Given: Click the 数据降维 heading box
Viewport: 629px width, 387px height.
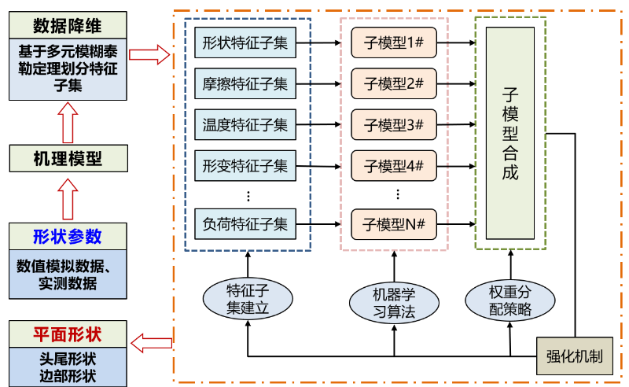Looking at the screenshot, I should tap(67, 25).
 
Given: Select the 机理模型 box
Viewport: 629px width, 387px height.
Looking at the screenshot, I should tap(67, 157).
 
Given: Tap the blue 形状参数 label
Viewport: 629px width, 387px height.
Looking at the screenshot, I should tap(67, 236).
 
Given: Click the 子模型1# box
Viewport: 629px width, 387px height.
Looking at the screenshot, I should tap(394, 42).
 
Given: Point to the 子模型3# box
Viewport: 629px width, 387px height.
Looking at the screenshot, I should tap(394, 124).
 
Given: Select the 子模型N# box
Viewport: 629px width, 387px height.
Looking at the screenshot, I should tap(394, 225).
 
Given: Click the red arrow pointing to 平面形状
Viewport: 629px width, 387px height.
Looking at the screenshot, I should tap(151, 341).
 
